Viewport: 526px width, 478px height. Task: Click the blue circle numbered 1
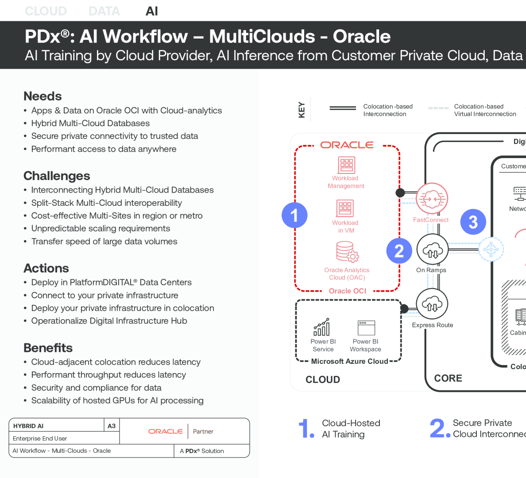click(x=294, y=215)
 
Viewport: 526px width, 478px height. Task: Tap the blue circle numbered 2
click(x=399, y=251)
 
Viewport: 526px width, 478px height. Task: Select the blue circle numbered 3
click(x=473, y=222)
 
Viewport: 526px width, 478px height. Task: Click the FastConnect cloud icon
click(x=432, y=199)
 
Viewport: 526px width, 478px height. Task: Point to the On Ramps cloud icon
click(x=432, y=250)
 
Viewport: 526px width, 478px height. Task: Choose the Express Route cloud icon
click(x=432, y=304)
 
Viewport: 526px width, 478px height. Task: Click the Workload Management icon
click(x=346, y=165)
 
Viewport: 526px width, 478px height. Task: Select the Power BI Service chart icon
click(x=322, y=327)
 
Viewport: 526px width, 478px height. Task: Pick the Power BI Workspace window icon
click(x=366, y=328)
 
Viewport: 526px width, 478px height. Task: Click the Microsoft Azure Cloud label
click(x=349, y=361)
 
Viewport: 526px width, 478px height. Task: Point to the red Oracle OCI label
click(x=348, y=291)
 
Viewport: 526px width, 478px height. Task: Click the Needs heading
click(x=43, y=96)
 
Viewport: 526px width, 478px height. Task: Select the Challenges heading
click(x=57, y=176)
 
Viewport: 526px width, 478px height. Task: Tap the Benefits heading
click(x=48, y=348)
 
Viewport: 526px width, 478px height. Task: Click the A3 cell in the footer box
click(x=112, y=426)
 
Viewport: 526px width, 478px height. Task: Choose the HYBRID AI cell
click(x=28, y=426)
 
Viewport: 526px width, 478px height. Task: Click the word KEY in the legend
click(x=302, y=110)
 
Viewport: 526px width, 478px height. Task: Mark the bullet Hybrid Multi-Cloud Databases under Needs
click(x=90, y=123)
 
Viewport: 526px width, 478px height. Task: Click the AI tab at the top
click(x=151, y=11)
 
